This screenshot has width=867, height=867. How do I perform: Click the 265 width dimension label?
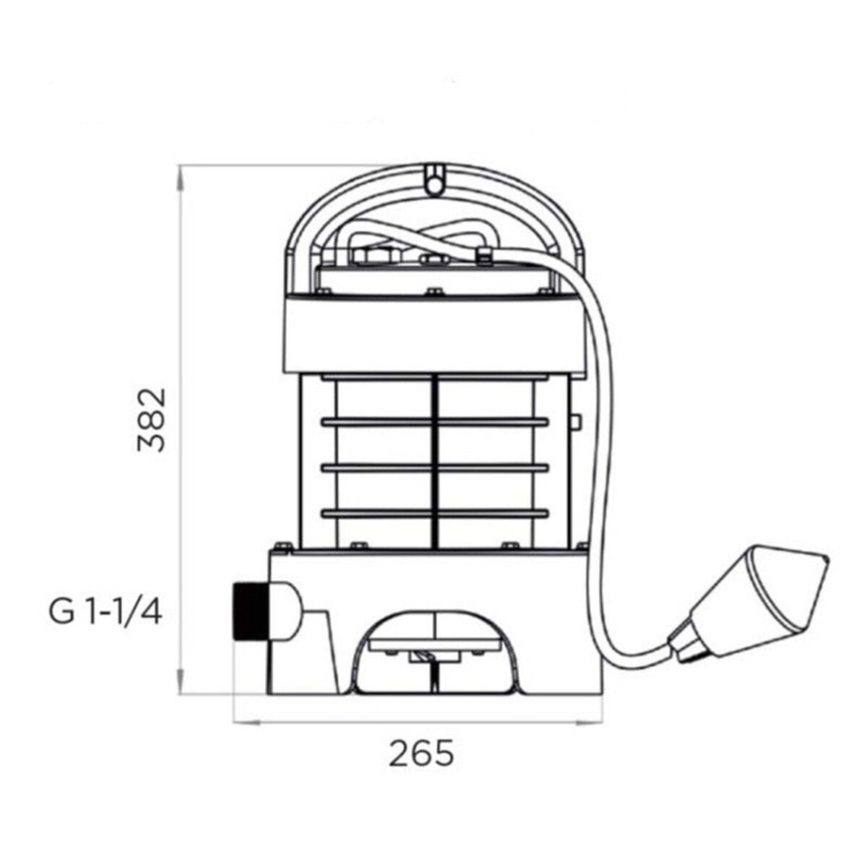pos(423,754)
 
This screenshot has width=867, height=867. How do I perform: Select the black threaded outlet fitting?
pos(249,611)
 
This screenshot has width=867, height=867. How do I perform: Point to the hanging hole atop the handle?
pos(433,184)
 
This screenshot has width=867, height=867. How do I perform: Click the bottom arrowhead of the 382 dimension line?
pos(181,691)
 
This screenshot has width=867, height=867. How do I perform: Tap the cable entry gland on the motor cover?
pos(483,254)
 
